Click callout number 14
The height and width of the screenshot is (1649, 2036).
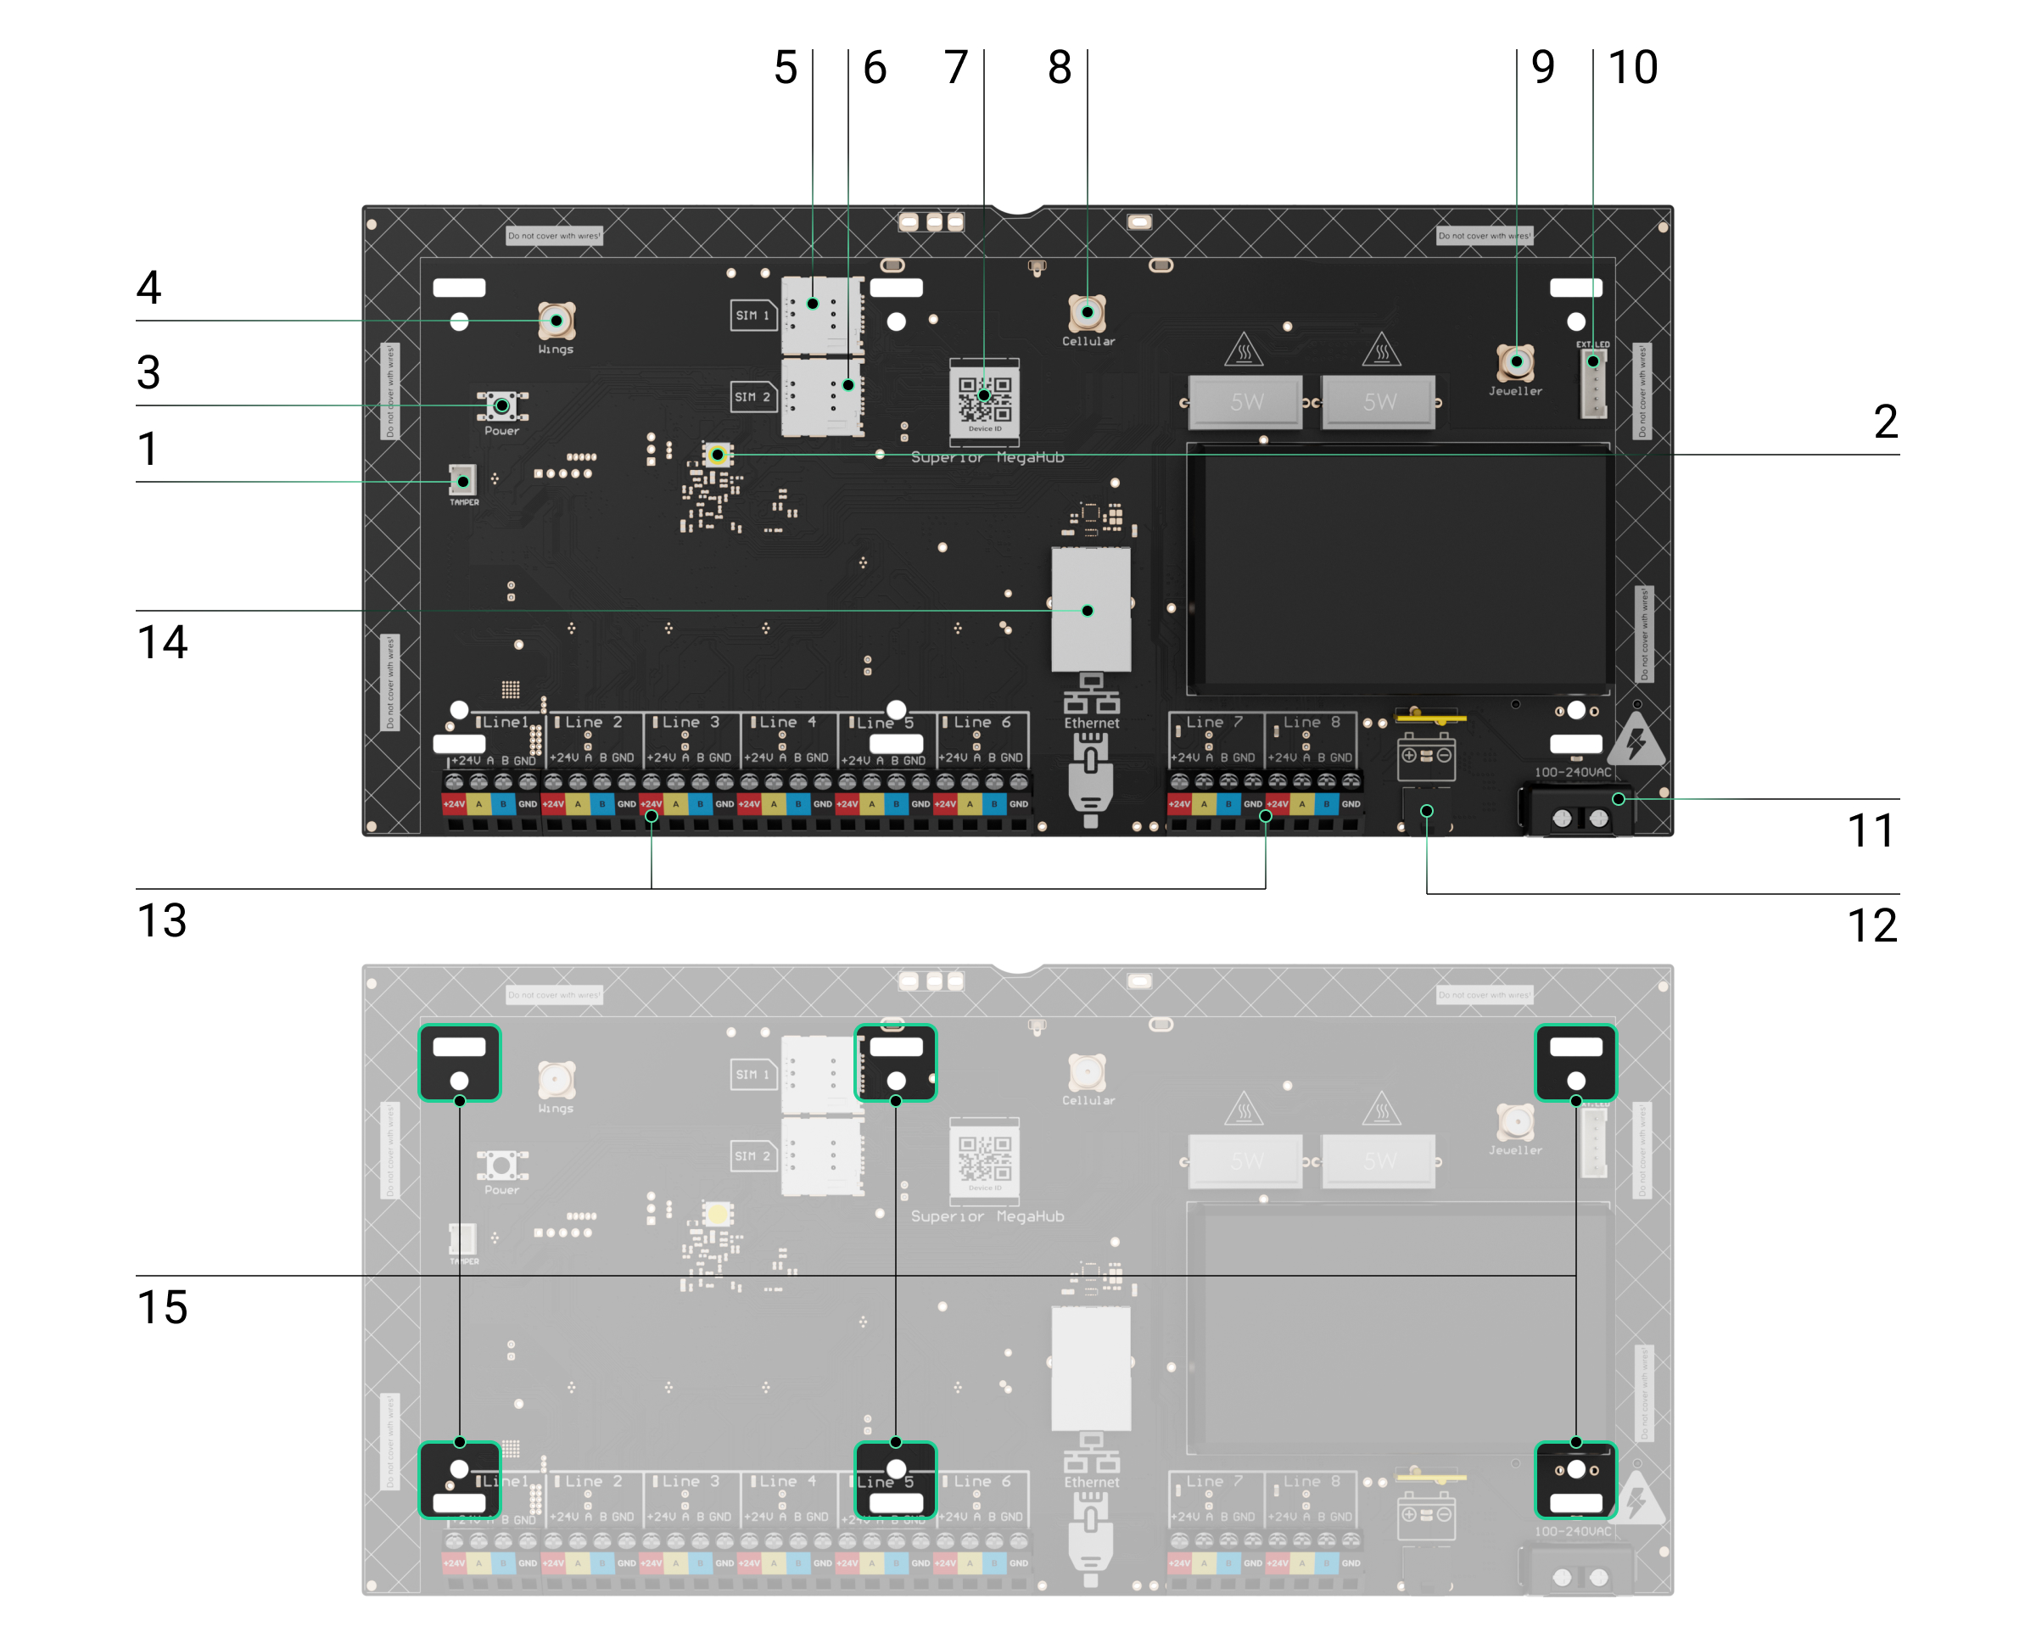pyautogui.click(x=163, y=642)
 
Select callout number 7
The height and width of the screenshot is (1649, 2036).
pyautogui.click(x=956, y=68)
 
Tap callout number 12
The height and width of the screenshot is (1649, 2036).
pyautogui.click(x=1871, y=925)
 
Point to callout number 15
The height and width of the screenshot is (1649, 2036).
pyautogui.click(x=163, y=1307)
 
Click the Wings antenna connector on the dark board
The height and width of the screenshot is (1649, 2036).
pyautogui.click(x=557, y=320)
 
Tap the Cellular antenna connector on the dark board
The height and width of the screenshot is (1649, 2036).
pyautogui.click(x=1087, y=311)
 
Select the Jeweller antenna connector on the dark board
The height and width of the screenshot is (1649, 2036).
pyautogui.click(x=1515, y=361)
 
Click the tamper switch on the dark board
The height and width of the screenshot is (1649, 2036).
pyautogui.click(x=462, y=481)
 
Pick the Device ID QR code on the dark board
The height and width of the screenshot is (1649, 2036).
pyautogui.click(x=984, y=398)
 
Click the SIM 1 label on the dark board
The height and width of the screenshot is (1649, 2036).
pyautogui.click(x=752, y=316)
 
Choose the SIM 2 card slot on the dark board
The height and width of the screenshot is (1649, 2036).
pyautogui.click(x=822, y=396)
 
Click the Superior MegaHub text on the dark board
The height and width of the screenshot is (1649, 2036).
pyautogui.click(x=987, y=458)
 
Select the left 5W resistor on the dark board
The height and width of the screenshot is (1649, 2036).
pyautogui.click(x=1246, y=402)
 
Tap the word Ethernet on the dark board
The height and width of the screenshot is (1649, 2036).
pyautogui.click(x=1092, y=723)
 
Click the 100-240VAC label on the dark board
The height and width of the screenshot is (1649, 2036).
pyautogui.click(x=1574, y=772)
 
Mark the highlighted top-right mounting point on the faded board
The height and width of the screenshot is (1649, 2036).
pyautogui.click(x=1575, y=1063)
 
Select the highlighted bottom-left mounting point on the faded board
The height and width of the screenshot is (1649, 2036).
pyautogui.click(x=460, y=1479)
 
